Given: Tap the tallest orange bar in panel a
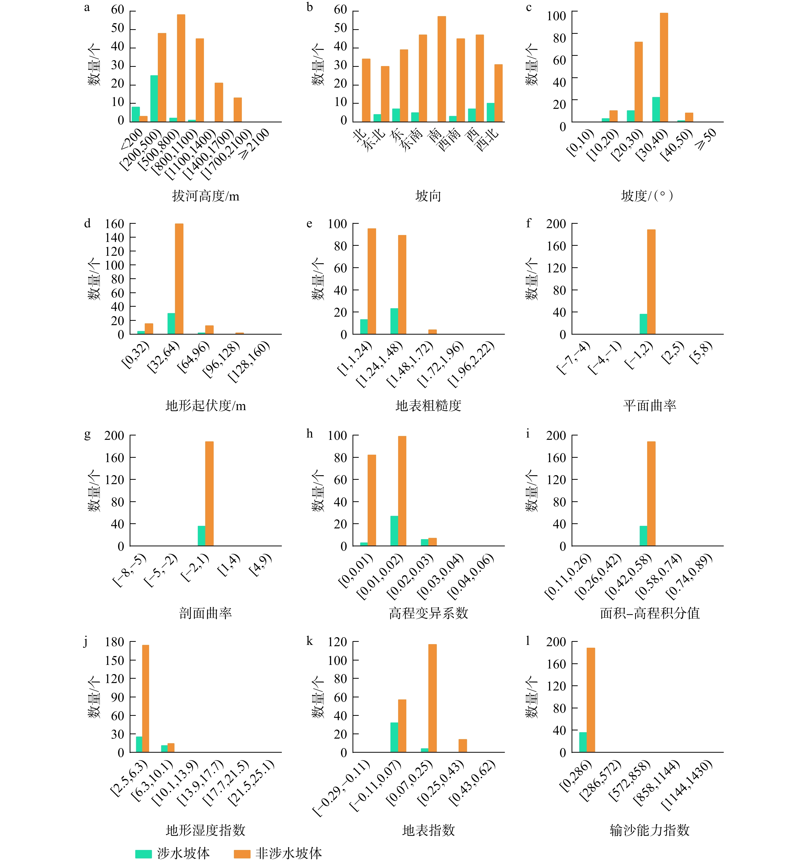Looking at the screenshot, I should point(181,68).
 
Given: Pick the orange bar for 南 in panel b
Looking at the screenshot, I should point(442,69).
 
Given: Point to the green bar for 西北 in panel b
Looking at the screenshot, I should point(490,112).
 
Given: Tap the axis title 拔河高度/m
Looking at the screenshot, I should point(206,196).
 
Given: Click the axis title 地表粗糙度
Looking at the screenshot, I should point(428,406).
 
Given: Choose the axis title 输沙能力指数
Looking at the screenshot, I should point(649,830).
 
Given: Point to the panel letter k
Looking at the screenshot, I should point(309,641).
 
